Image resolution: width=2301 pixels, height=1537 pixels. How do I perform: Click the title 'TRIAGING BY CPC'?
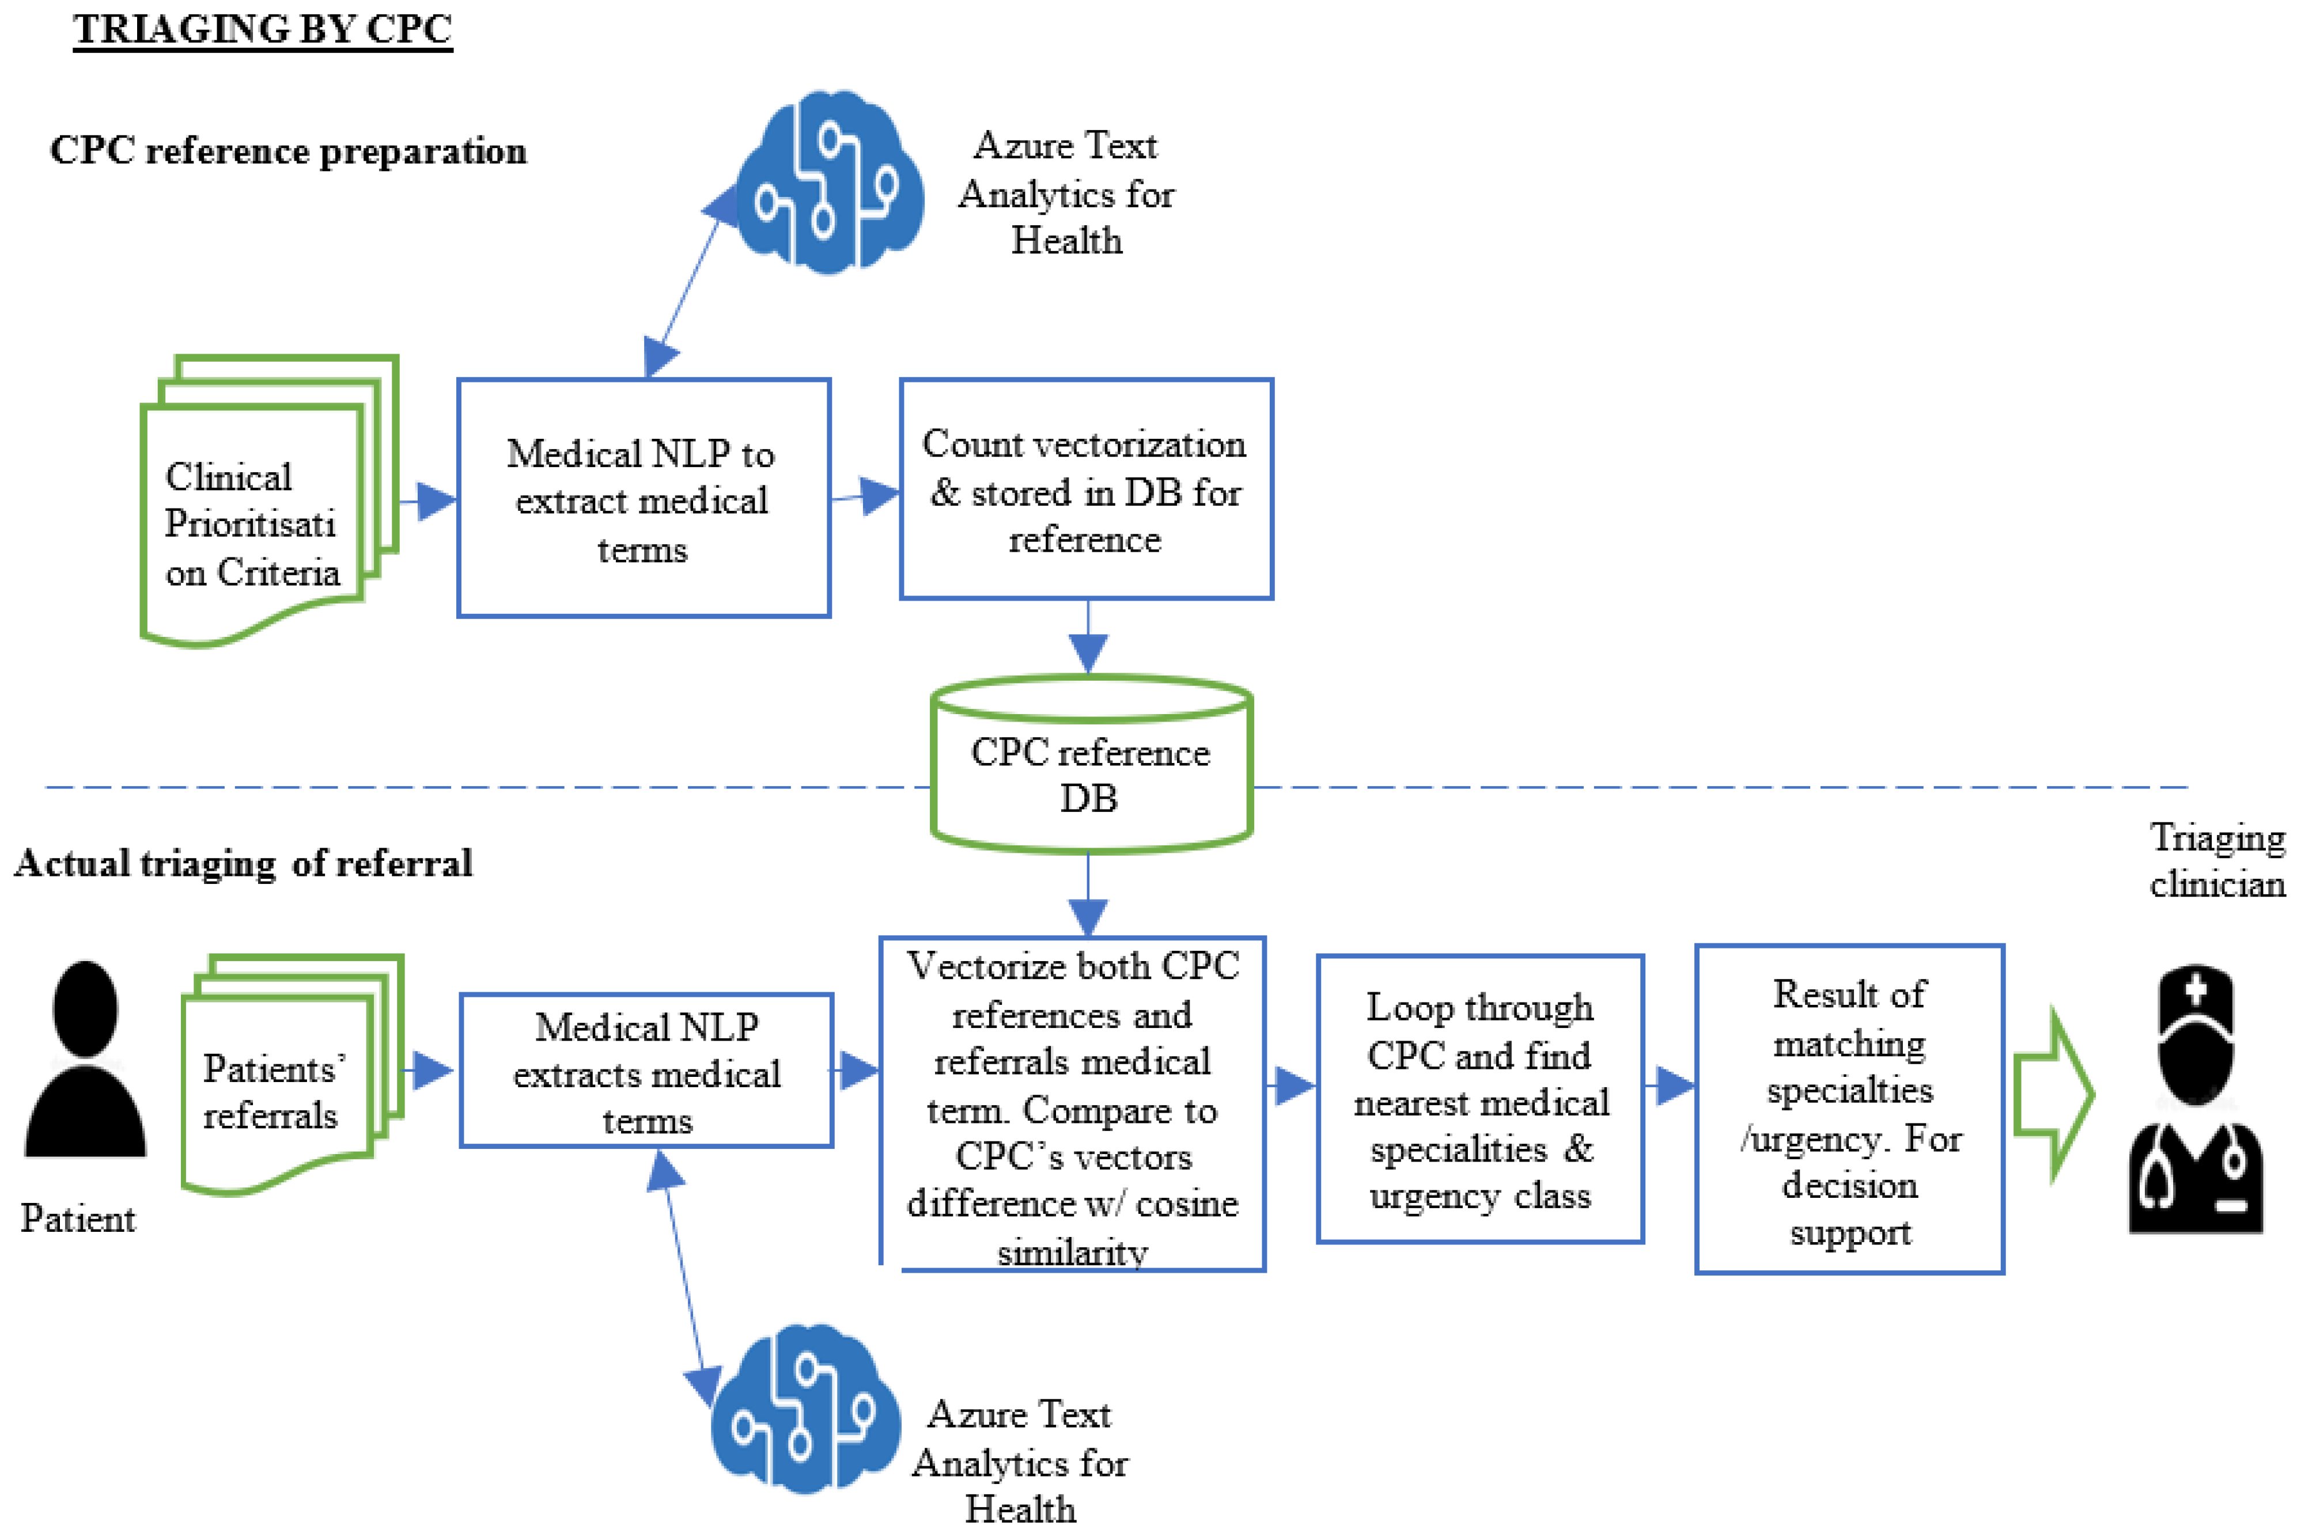[263, 29]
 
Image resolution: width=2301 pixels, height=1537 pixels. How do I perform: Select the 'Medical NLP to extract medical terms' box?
[644, 498]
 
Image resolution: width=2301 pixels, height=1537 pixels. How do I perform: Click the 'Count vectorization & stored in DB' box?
[1087, 489]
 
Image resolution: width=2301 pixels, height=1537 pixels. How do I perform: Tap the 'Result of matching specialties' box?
[1849, 1109]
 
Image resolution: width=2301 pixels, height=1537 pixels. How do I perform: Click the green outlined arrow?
[2054, 1095]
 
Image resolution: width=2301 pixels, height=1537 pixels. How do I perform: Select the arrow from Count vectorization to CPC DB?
[1088, 637]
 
